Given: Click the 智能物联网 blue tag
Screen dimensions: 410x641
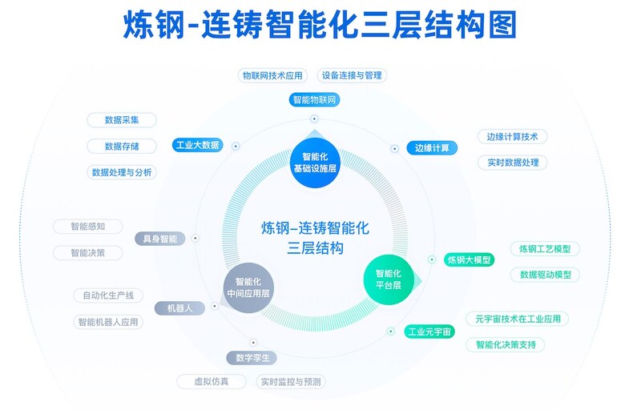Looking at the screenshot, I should coord(315,100).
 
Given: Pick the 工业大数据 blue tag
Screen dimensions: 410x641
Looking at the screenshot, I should coord(197,145).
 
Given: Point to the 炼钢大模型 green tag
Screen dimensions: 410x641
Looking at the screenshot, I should coord(469,259).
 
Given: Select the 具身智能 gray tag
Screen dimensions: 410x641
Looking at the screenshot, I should coord(160,239).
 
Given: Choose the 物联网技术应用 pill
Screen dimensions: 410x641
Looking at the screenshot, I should coord(273,75).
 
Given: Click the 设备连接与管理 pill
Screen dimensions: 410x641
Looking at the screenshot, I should coord(353,75).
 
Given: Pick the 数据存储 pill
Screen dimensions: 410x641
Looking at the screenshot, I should coord(122,146).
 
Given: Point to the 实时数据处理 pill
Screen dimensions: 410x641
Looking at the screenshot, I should coord(513,163).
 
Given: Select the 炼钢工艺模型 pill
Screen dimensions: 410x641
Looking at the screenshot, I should coord(545,249).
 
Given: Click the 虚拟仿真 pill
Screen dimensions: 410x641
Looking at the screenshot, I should coord(211,382).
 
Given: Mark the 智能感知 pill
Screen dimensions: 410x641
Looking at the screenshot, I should coord(88,226).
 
